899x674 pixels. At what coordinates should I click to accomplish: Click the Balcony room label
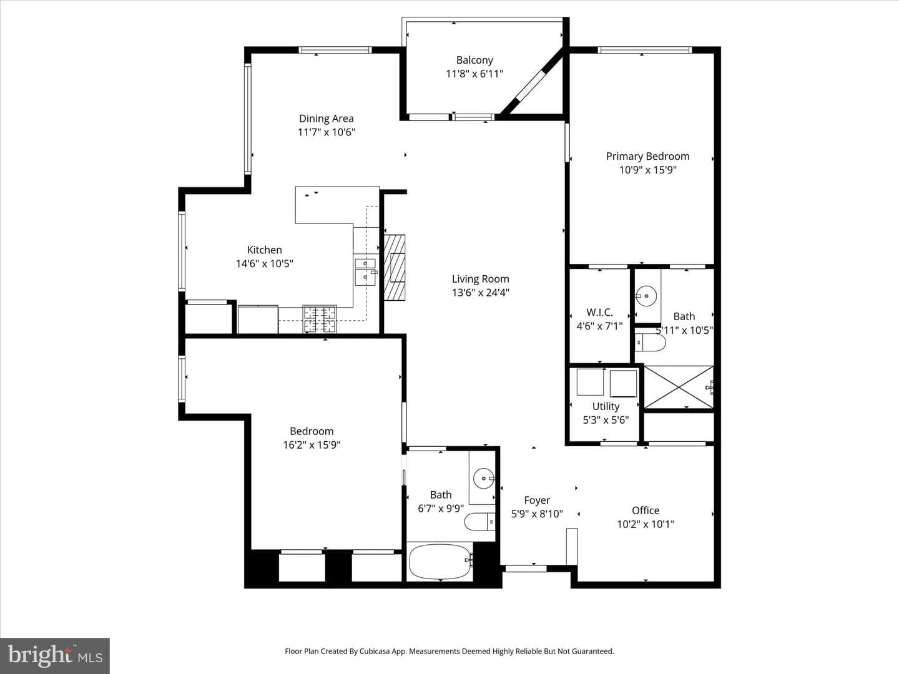click(474, 60)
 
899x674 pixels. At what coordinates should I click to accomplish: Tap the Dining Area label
click(326, 119)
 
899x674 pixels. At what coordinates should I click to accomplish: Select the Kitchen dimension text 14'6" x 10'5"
click(264, 263)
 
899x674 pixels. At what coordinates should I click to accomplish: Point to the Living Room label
click(481, 279)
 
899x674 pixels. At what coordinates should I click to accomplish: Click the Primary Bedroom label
click(647, 156)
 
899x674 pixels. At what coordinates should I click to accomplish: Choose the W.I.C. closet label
click(599, 313)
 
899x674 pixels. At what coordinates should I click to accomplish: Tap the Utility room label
click(606, 406)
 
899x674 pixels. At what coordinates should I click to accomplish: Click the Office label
click(646, 510)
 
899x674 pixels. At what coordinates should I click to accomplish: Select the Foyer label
click(537, 501)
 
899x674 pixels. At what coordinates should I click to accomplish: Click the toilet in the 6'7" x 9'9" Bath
click(479, 522)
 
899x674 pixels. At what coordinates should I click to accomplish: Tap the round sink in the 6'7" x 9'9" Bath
click(484, 479)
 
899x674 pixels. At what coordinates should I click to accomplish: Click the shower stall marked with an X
click(679, 387)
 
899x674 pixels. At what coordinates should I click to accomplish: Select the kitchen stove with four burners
click(320, 320)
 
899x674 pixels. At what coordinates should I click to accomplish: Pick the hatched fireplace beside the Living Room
click(395, 268)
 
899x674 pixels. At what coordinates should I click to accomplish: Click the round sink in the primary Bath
click(646, 295)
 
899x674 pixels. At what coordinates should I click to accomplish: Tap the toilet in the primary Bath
click(650, 343)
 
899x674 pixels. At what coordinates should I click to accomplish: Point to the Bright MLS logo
click(55, 655)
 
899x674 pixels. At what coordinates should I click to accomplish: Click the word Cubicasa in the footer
click(375, 651)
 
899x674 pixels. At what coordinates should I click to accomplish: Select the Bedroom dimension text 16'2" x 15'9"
click(312, 445)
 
